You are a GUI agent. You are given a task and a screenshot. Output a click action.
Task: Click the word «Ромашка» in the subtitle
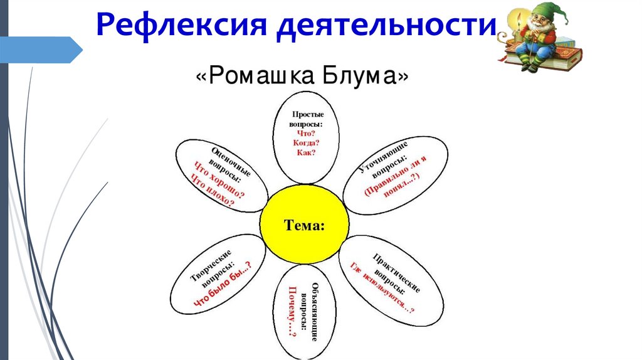263,77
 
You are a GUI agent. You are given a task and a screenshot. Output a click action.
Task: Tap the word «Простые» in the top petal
307,115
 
